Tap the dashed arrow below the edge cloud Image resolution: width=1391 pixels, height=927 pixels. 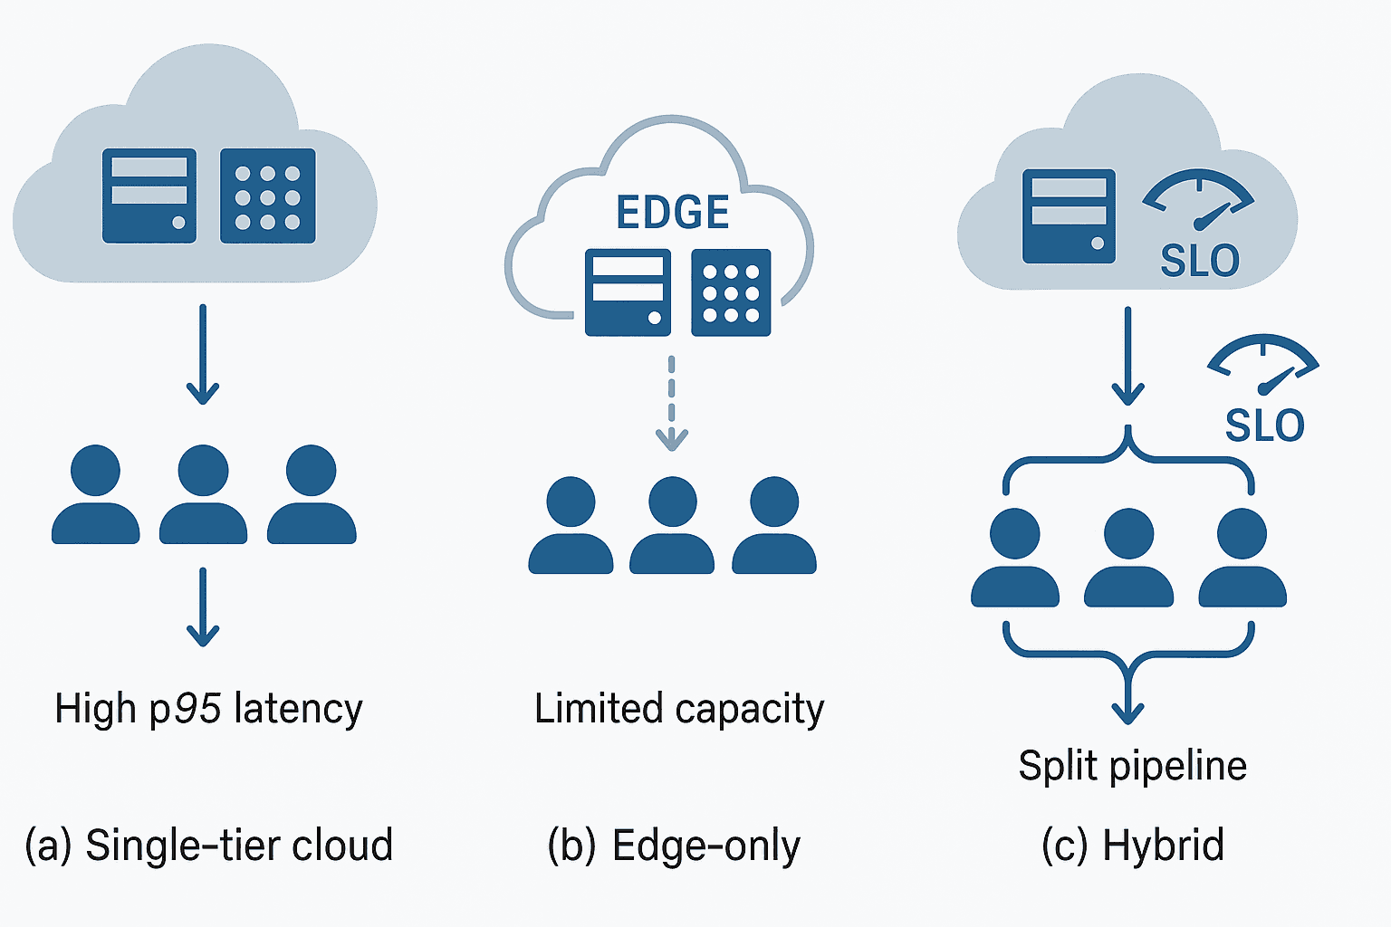point(671,403)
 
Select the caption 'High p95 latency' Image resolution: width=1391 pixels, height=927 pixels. point(208,709)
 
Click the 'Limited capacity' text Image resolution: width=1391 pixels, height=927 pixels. point(679,709)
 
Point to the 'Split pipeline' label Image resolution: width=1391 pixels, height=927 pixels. point(1132,766)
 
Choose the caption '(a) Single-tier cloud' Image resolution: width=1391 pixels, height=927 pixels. point(208,846)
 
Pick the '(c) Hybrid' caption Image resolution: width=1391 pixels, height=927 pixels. point(1133,846)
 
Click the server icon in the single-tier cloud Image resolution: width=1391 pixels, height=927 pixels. point(149,196)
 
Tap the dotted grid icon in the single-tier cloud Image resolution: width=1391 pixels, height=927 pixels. point(268,196)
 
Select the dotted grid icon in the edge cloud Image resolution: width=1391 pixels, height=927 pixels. point(731,292)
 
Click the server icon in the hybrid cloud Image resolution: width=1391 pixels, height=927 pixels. point(1069,216)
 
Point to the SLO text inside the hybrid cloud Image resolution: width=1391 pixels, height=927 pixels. point(1200,261)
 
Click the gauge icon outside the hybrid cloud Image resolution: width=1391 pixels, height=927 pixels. point(1263,364)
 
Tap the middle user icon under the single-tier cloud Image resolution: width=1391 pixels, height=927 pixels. point(203,495)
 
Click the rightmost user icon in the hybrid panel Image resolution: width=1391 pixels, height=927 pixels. point(1242,559)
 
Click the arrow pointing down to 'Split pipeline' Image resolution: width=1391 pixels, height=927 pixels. point(1128,693)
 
